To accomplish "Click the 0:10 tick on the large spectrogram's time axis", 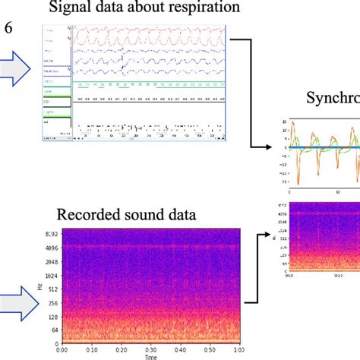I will point(91,350).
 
